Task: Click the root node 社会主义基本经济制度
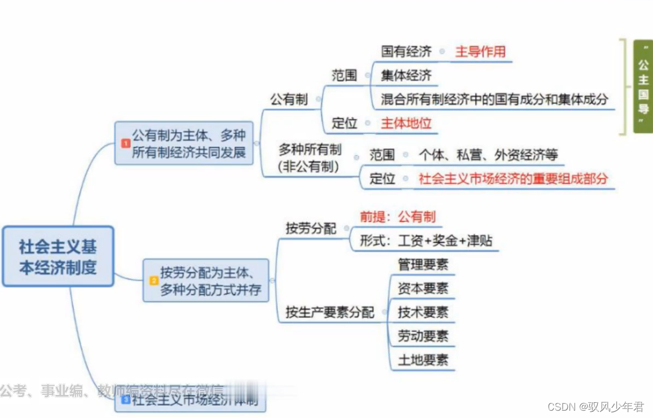click(58, 257)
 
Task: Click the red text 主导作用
click(480, 52)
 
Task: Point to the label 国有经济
click(406, 52)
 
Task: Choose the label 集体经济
click(406, 75)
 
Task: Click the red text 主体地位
click(406, 123)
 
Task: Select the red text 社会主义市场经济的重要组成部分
click(513, 179)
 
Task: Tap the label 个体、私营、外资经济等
click(488, 155)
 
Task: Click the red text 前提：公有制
click(398, 217)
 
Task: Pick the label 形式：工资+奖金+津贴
click(426, 241)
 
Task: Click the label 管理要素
click(423, 265)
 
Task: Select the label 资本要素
click(423, 289)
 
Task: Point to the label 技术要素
click(423, 313)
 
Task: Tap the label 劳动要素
click(423, 336)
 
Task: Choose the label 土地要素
click(423, 360)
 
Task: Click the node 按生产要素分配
click(330, 312)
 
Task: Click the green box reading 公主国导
click(643, 86)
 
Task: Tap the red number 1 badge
click(125, 143)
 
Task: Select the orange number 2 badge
click(153, 280)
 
